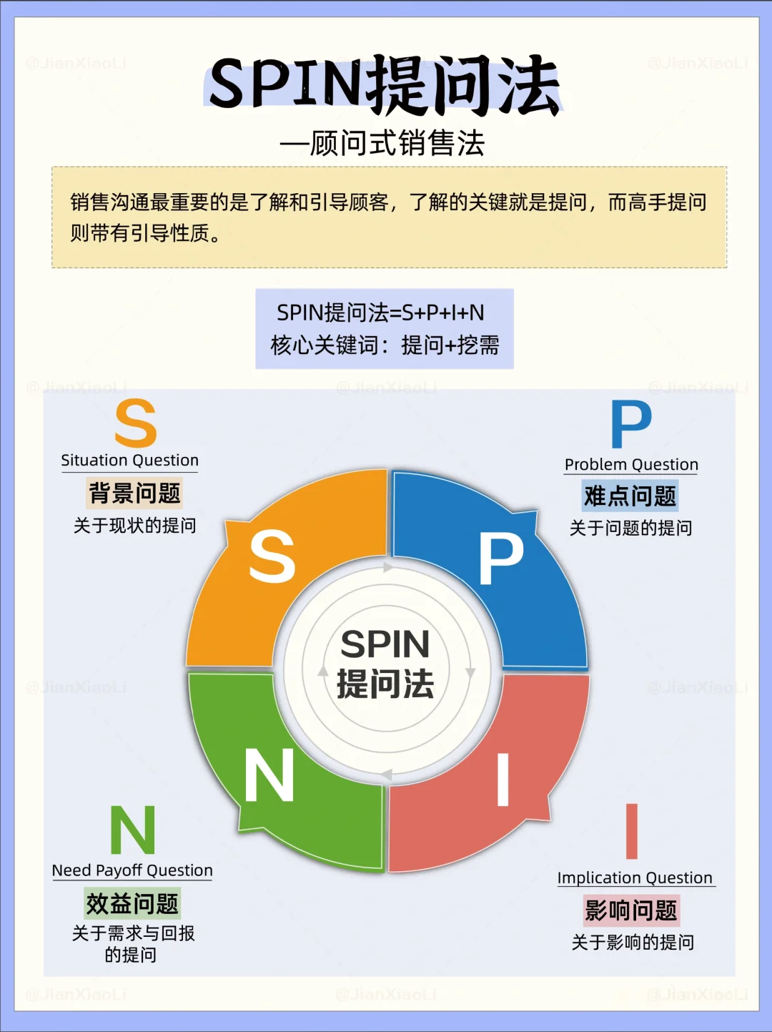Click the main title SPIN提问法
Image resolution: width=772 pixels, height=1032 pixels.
coord(385,85)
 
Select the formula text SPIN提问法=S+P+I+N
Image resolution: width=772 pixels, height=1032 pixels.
coord(380,313)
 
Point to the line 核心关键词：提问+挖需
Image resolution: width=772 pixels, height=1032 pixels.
coord(385,345)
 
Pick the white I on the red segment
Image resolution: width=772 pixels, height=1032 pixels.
coord(503,780)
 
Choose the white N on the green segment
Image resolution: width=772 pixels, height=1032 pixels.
coord(269,775)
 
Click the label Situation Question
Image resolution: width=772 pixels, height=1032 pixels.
coord(129,460)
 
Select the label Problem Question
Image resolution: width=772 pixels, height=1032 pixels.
coord(631,464)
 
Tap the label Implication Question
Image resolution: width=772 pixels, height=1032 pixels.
coord(635,878)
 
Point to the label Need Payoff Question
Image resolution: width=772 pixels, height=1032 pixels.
coord(132,870)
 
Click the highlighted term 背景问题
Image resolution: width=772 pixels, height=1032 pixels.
coord(134,493)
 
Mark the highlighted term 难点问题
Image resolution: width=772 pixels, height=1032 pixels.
coord(630,496)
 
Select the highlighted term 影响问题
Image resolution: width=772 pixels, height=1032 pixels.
coord(631,910)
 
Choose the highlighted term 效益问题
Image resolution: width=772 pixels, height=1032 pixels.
coord(132,904)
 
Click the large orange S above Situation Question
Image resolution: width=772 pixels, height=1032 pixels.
coord(135,423)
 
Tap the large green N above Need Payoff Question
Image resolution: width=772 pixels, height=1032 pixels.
coord(133,830)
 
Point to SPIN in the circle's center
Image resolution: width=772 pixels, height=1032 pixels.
coord(385,644)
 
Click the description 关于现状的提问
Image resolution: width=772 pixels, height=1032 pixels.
coord(134,526)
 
